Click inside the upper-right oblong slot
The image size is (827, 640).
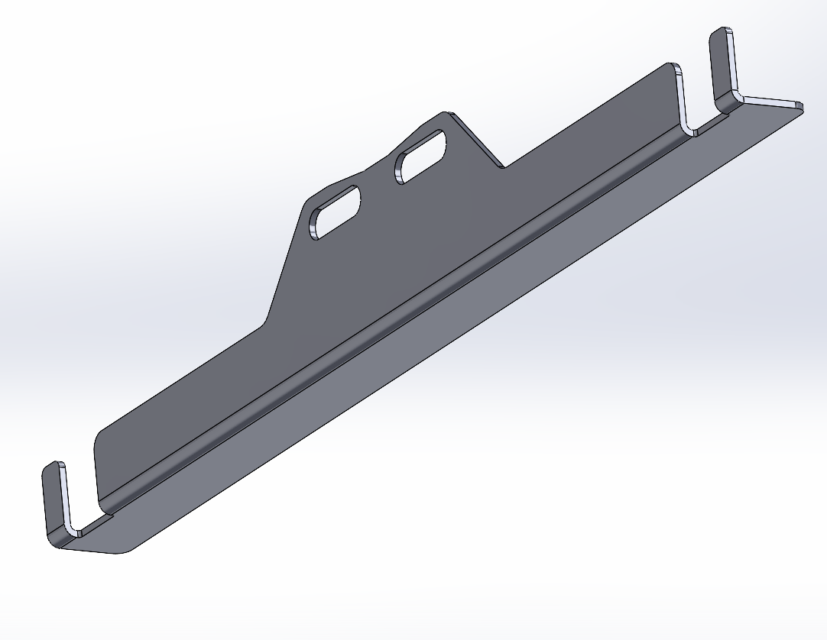pos(420,157)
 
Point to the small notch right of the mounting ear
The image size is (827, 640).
pos(501,164)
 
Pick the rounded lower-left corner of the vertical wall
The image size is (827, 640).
pos(98,443)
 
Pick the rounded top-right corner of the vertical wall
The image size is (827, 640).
pos(673,68)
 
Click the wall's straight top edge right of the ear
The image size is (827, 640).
pos(589,115)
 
